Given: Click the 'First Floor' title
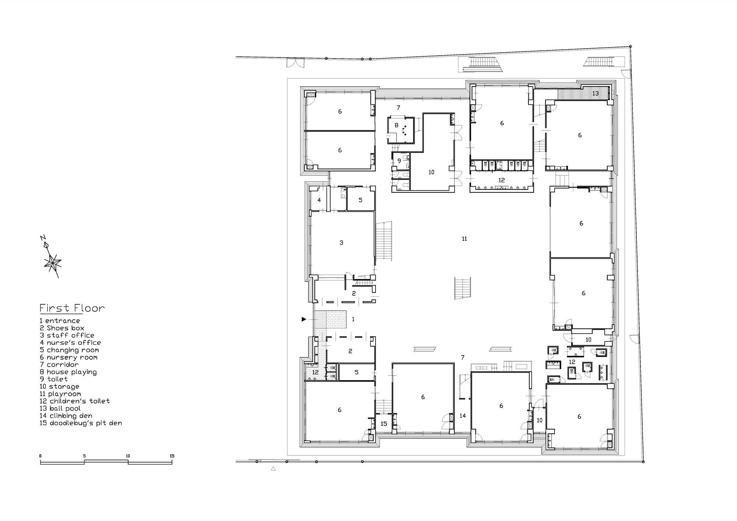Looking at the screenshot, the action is click(x=72, y=308).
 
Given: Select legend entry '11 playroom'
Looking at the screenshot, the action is click(x=60, y=394).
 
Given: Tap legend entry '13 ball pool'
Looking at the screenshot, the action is click(x=60, y=408).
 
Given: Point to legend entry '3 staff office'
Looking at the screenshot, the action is click(x=67, y=335).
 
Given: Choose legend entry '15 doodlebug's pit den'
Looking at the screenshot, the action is click(x=81, y=423).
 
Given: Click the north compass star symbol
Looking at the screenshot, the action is click(x=52, y=262).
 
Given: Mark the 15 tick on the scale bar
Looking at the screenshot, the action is click(x=172, y=460).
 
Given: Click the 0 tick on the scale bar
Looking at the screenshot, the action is click(x=41, y=460).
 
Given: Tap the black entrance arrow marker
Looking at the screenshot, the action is click(x=304, y=319).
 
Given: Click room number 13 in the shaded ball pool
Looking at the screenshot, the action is click(x=595, y=93).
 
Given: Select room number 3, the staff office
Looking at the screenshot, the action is click(x=341, y=242).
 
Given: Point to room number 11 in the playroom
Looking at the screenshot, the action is click(x=464, y=239).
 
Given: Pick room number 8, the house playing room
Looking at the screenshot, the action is click(x=397, y=125).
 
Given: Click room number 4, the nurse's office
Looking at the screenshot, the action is click(x=319, y=200).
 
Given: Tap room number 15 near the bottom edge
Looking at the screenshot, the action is click(x=384, y=424).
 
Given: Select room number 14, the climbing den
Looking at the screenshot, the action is click(x=463, y=416).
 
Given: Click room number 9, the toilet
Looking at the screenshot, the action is click(x=399, y=161).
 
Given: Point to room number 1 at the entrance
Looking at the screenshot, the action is click(x=353, y=319).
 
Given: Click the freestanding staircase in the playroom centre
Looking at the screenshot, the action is click(x=463, y=289).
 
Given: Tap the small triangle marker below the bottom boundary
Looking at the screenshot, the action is click(x=273, y=469).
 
